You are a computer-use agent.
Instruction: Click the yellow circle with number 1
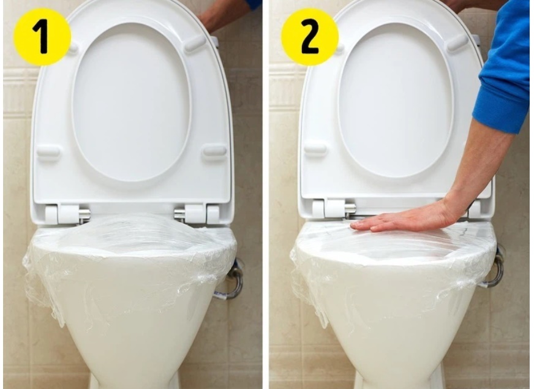[x=42, y=37]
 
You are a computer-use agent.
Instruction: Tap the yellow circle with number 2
[x=310, y=37]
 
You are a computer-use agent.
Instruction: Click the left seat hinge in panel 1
[x=67, y=214]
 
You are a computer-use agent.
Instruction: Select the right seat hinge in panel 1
[x=197, y=214]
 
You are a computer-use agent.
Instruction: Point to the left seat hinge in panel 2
[x=334, y=208]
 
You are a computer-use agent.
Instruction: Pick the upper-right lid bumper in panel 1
[x=195, y=44]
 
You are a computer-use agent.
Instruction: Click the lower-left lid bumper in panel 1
[x=48, y=153]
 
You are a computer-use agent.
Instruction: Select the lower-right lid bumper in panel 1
[x=214, y=150]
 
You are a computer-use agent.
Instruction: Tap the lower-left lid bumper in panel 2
[x=315, y=148]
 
